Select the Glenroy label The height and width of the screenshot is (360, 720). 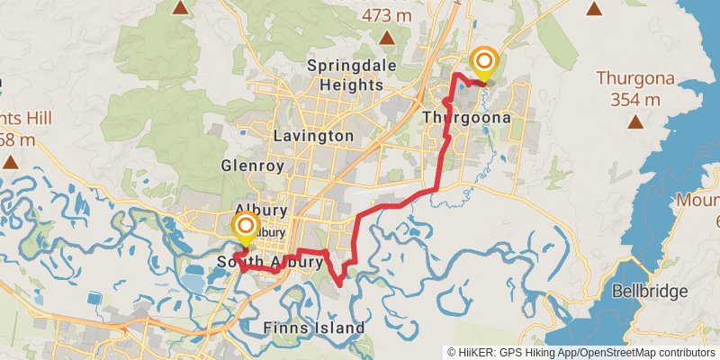click(252, 166)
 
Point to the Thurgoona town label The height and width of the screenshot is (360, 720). click(467, 118)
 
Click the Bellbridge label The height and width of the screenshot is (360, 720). click(649, 291)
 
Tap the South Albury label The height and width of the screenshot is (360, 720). click(269, 263)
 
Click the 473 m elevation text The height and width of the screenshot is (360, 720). click(387, 15)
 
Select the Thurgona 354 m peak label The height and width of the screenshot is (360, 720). click(635, 87)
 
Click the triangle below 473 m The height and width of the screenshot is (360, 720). click(386, 38)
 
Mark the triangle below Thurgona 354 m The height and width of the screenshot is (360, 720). click(635, 121)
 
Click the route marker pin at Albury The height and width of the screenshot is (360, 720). click(245, 227)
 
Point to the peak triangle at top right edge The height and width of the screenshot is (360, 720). click(593, 9)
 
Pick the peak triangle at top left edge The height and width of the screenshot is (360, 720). click(181, 7)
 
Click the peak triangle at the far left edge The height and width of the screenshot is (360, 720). click(10, 162)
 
